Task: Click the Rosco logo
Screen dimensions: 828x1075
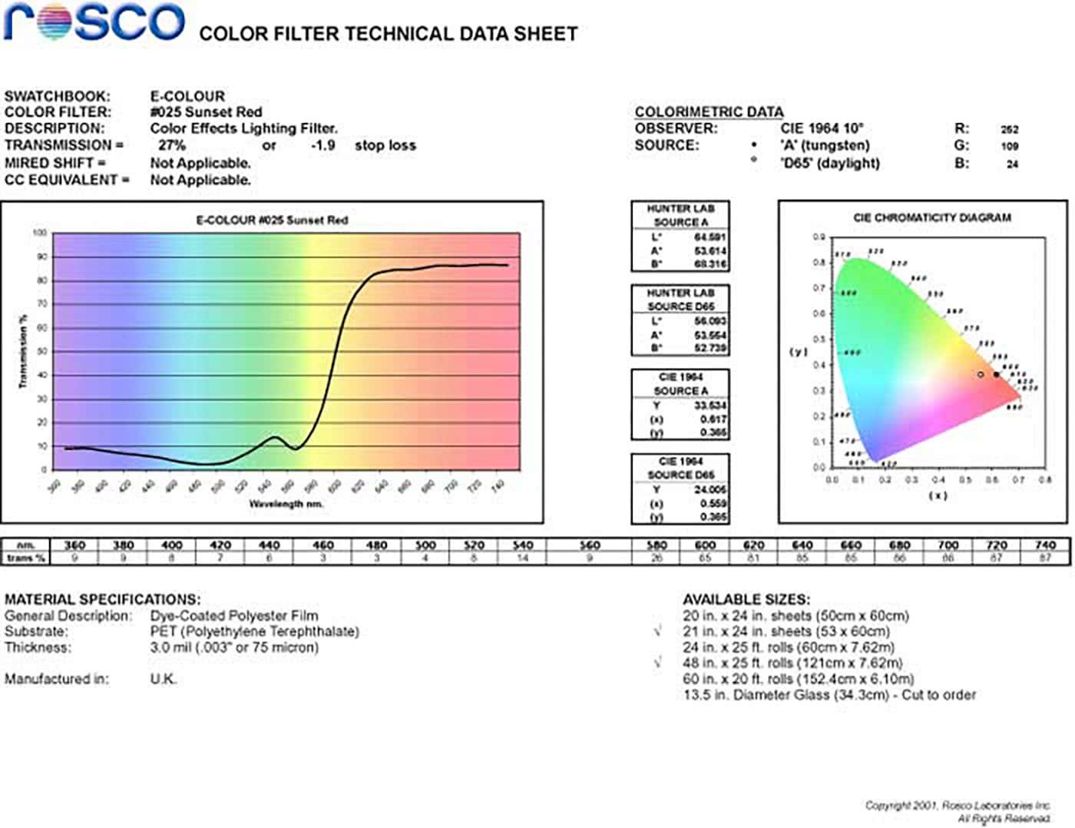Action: coord(94,23)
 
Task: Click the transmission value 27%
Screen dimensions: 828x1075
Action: coord(171,145)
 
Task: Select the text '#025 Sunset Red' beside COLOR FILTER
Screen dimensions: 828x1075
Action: coord(206,112)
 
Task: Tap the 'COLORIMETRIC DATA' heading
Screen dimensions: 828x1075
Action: coord(709,112)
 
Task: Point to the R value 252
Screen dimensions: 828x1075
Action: coord(1009,129)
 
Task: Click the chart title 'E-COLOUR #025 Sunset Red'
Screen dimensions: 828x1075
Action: coord(272,220)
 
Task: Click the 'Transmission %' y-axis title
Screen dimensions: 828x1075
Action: coord(23,351)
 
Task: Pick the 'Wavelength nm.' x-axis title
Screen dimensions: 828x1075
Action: coord(286,504)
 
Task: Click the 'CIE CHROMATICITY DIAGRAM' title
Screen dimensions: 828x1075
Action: coord(931,218)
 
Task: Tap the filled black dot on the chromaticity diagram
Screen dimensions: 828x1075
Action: coord(997,375)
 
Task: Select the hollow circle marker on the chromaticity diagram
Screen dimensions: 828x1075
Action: coord(981,375)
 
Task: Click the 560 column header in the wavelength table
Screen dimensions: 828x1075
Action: coord(589,545)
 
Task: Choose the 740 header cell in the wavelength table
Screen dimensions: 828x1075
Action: coord(1044,545)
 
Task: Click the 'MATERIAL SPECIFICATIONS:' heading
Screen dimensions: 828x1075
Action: coord(102,599)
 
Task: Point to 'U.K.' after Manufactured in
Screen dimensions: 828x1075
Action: coord(163,679)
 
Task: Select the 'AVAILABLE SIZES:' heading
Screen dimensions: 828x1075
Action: coord(746,599)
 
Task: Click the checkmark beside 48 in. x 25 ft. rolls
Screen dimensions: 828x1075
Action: coord(657,662)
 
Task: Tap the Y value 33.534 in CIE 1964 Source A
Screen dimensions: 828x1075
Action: coord(710,406)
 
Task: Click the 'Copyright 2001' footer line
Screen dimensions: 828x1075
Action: coord(957,805)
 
